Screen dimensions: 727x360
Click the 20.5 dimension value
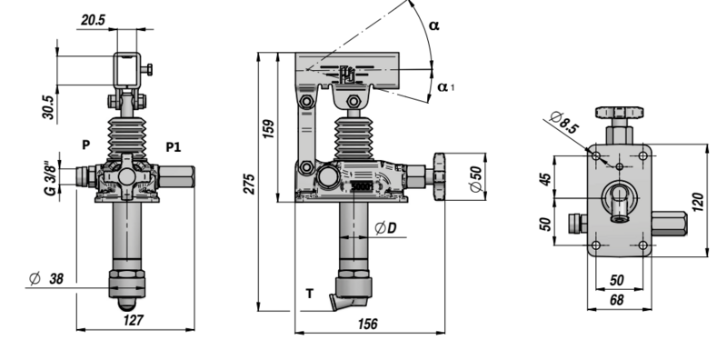[x=94, y=20]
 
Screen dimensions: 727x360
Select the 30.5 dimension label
[x=49, y=107]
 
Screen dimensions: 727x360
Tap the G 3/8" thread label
[x=52, y=178]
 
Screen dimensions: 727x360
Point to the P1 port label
[x=173, y=147]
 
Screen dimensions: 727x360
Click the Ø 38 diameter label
[x=46, y=278]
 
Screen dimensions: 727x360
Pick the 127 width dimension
[x=134, y=320]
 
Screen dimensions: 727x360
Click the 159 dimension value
[x=268, y=129]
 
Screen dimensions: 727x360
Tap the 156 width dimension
[x=368, y=324]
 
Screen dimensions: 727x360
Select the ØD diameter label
[x=385, y=228]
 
